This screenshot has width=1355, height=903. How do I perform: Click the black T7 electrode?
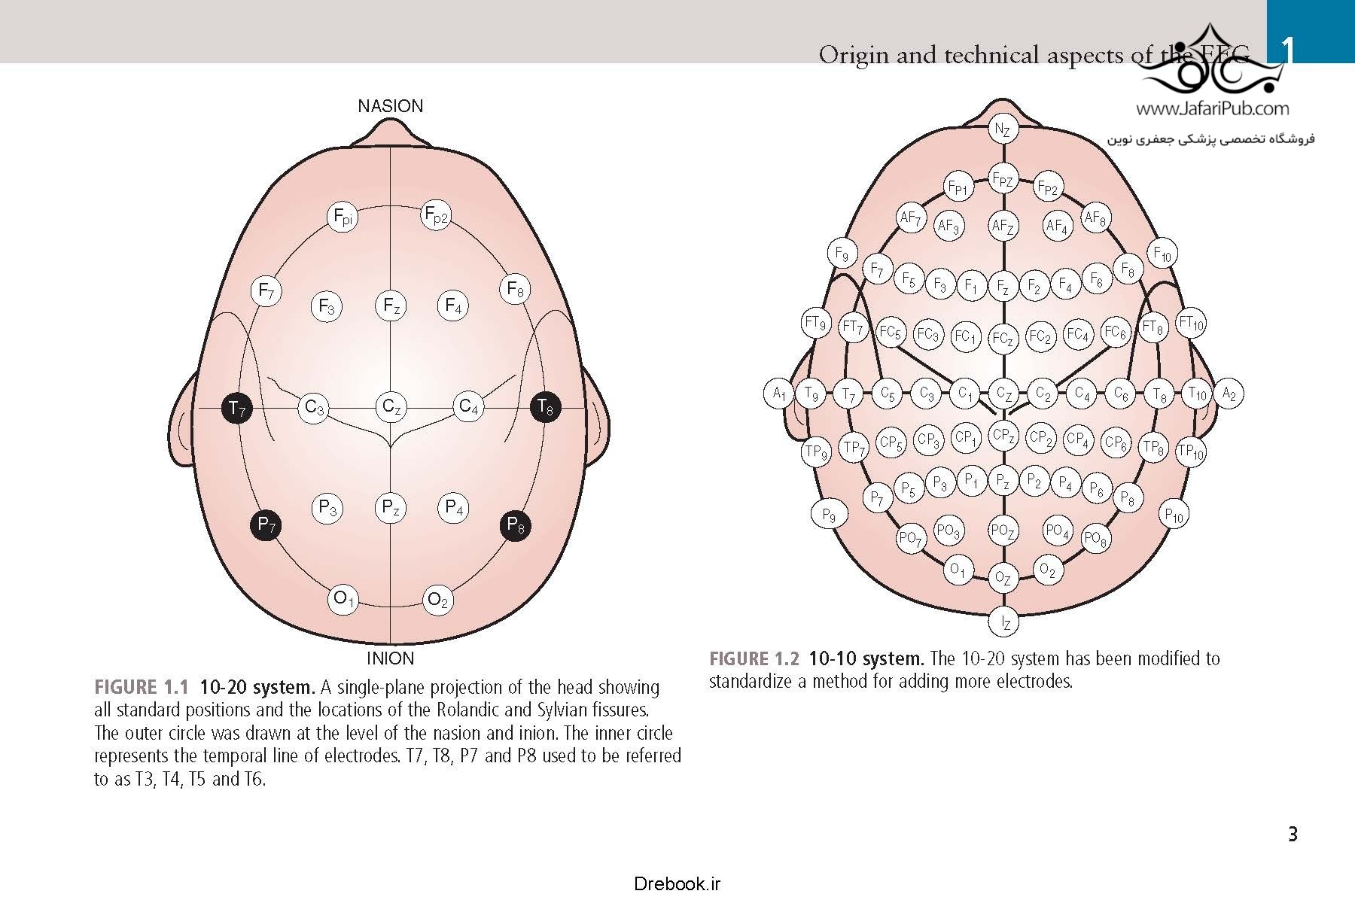pyautogui.click(x=237, y=409)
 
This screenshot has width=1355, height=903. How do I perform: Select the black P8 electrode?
pyautogui.click(x=516, y=524)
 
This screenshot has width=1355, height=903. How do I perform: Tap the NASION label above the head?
pyautogui.click(x=390, y=106)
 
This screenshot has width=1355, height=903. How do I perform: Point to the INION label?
pyautogui.click(x=390, y=658)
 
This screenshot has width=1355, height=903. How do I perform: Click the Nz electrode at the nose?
pyautogui.click(x=1002, y=129)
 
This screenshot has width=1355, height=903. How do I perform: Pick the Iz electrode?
pyautogui.click(x=1004, y=622)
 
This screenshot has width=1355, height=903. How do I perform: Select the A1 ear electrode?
pyautogui.click(x=778, y=393)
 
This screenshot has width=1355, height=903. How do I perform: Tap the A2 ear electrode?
pyautogui.click(x=1229, y=393)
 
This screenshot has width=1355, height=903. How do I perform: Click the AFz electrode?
pyautogui.click(x=1002, y=226)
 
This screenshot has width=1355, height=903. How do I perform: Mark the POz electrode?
pyautogui.click(x=1003, y=531)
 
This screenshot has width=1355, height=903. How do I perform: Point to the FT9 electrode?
pyautogui.click(x=815, y=324)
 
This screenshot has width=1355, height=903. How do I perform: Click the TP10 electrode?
pyautogui.click(x=1191, y=451)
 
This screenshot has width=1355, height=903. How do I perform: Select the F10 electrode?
pyautogui.click(x=1162, y=254)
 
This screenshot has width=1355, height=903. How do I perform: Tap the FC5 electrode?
pyautogui.click(x=891, y=332)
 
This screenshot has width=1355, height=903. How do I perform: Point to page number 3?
pyautogui.click(x=1293, y=835)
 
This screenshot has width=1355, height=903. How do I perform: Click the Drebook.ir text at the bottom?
pyautogui.click(x=677, y=883)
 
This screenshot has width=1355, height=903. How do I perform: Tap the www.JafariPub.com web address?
pyautogui.click(x=1212, y=109)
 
